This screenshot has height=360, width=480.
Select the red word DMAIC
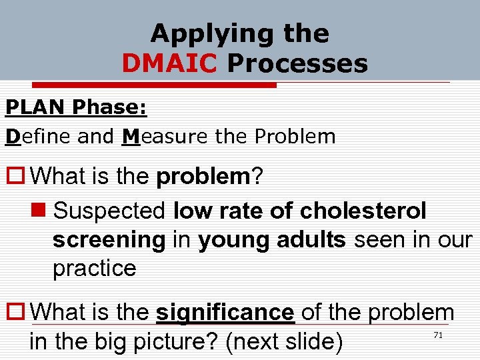pyautogui.click(x=169, y=64)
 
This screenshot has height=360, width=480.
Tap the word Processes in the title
pyautogui.click(x=297, y=64)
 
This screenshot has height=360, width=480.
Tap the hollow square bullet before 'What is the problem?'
pyautogui.click(x=15, y=177)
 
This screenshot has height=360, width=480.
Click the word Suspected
pyautogui.click(x=109, y=211)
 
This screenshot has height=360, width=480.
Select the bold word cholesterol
pyautogui.click(x=363, y=211)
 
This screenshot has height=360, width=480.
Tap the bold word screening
pyautogui.click(x=108, y=240)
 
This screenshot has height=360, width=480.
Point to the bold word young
pyautogui.click(x=234, y=240)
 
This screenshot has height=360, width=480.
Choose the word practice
pyautogui.click(x=94, y=269)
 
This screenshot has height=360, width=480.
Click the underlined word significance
pyautogui.click(x=225, y=311)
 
